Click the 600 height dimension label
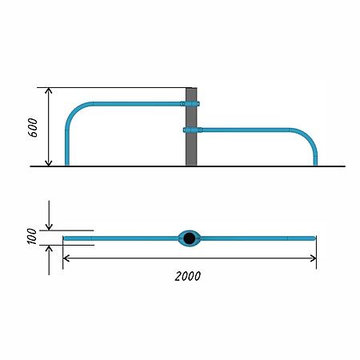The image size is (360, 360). tap(33, 127)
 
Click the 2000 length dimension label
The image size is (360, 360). tap(188, 276)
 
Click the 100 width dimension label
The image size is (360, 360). tap(32, 236)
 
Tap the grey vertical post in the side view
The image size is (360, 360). tap(191, 127)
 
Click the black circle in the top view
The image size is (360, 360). tap(190, 238)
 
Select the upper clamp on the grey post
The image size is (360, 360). tap(190, 104)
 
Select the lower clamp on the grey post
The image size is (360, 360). tap(193, 130)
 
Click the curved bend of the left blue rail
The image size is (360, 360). tap(75, 112)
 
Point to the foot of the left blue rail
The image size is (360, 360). tap(67, 164)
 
